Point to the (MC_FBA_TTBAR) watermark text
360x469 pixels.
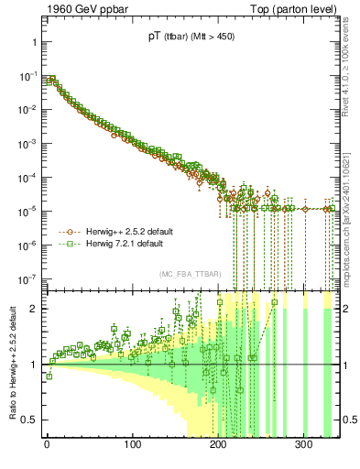click(189, 275)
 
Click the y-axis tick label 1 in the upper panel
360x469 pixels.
click(32, 43)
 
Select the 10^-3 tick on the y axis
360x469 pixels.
click(25, 144)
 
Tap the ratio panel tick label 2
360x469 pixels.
click(31, 309)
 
